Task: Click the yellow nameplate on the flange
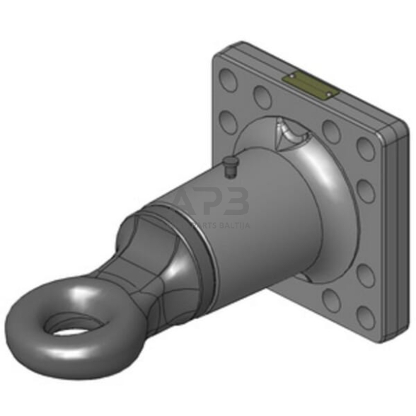coord(308,84)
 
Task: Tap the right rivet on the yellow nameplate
coord(328,92)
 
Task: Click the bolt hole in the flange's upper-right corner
coord(366,149)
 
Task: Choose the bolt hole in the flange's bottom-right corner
coord(366,318)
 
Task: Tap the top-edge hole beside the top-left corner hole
coord(262,96)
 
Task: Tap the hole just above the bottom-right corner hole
coord(366,276)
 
